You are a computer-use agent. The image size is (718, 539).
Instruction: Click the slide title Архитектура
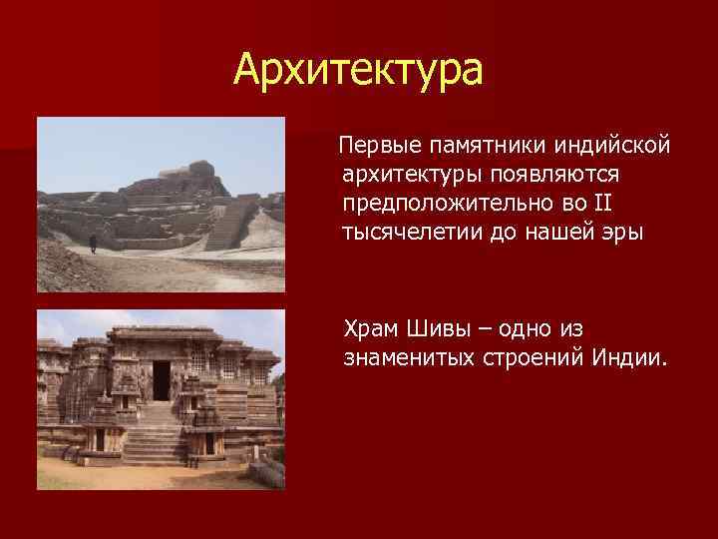tap(358, 70)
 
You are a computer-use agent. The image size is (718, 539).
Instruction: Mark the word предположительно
tap(442, 204)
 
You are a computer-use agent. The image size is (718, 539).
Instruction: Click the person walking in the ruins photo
tap(94, 241)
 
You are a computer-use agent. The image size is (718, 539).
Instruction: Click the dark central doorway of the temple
tap(161, 379)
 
